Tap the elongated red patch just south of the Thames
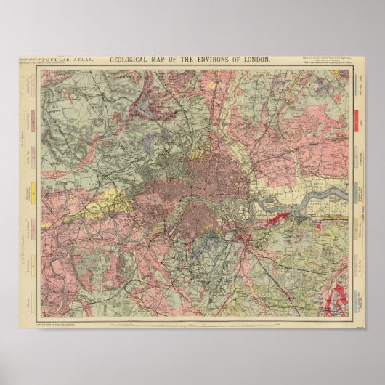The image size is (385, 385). [280, 215]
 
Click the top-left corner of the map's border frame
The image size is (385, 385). [41, 70]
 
